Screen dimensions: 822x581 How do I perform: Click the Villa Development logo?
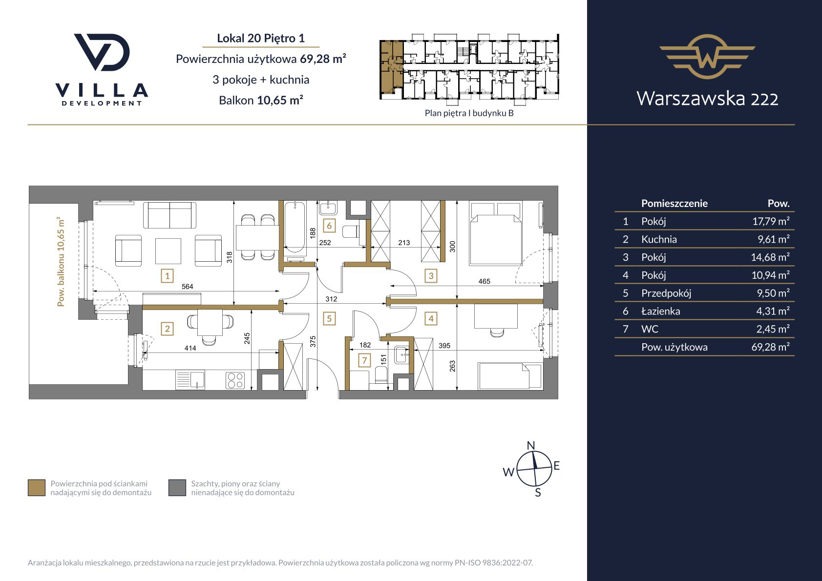102,70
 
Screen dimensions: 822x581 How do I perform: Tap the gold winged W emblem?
707,57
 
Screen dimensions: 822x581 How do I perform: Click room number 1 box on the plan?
168,275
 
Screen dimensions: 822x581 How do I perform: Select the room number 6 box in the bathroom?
329,226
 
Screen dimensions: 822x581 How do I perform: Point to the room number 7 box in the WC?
364,360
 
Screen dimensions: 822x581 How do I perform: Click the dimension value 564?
187,287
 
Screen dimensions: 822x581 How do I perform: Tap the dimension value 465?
484,281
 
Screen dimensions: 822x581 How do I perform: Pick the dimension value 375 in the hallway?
313,341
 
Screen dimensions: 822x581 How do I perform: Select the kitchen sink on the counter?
190,379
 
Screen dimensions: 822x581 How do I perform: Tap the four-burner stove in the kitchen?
235,380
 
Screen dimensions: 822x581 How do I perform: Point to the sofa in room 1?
169,215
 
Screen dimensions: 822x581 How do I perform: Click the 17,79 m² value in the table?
771,221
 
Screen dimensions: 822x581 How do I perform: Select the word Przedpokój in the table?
666,293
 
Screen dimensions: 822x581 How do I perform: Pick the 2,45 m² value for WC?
773,329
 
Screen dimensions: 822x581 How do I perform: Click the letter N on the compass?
530,445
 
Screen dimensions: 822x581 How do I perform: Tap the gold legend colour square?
37,488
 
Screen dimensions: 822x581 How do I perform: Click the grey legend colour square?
177,488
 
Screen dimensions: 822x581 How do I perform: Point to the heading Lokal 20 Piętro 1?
261,38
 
